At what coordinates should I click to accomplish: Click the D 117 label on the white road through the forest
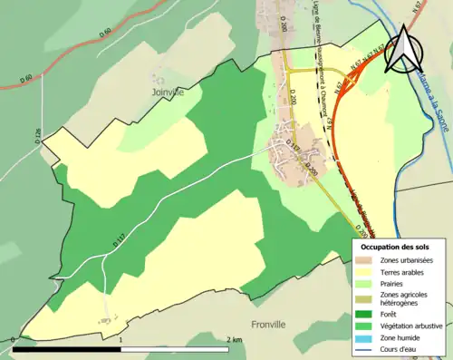[118, 242]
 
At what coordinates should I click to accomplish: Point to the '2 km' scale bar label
[235, 340]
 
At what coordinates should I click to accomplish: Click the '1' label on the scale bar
[121, 340]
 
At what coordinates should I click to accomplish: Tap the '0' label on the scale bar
[13, 340]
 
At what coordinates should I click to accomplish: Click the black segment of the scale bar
[67, 348]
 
